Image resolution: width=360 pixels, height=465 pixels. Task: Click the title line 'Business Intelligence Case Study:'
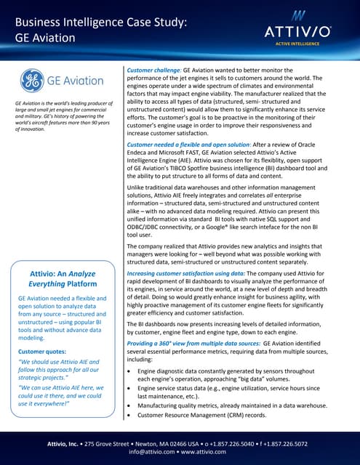[x=101, y=23]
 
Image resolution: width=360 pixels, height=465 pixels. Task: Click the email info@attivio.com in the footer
[x=152, y=450]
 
